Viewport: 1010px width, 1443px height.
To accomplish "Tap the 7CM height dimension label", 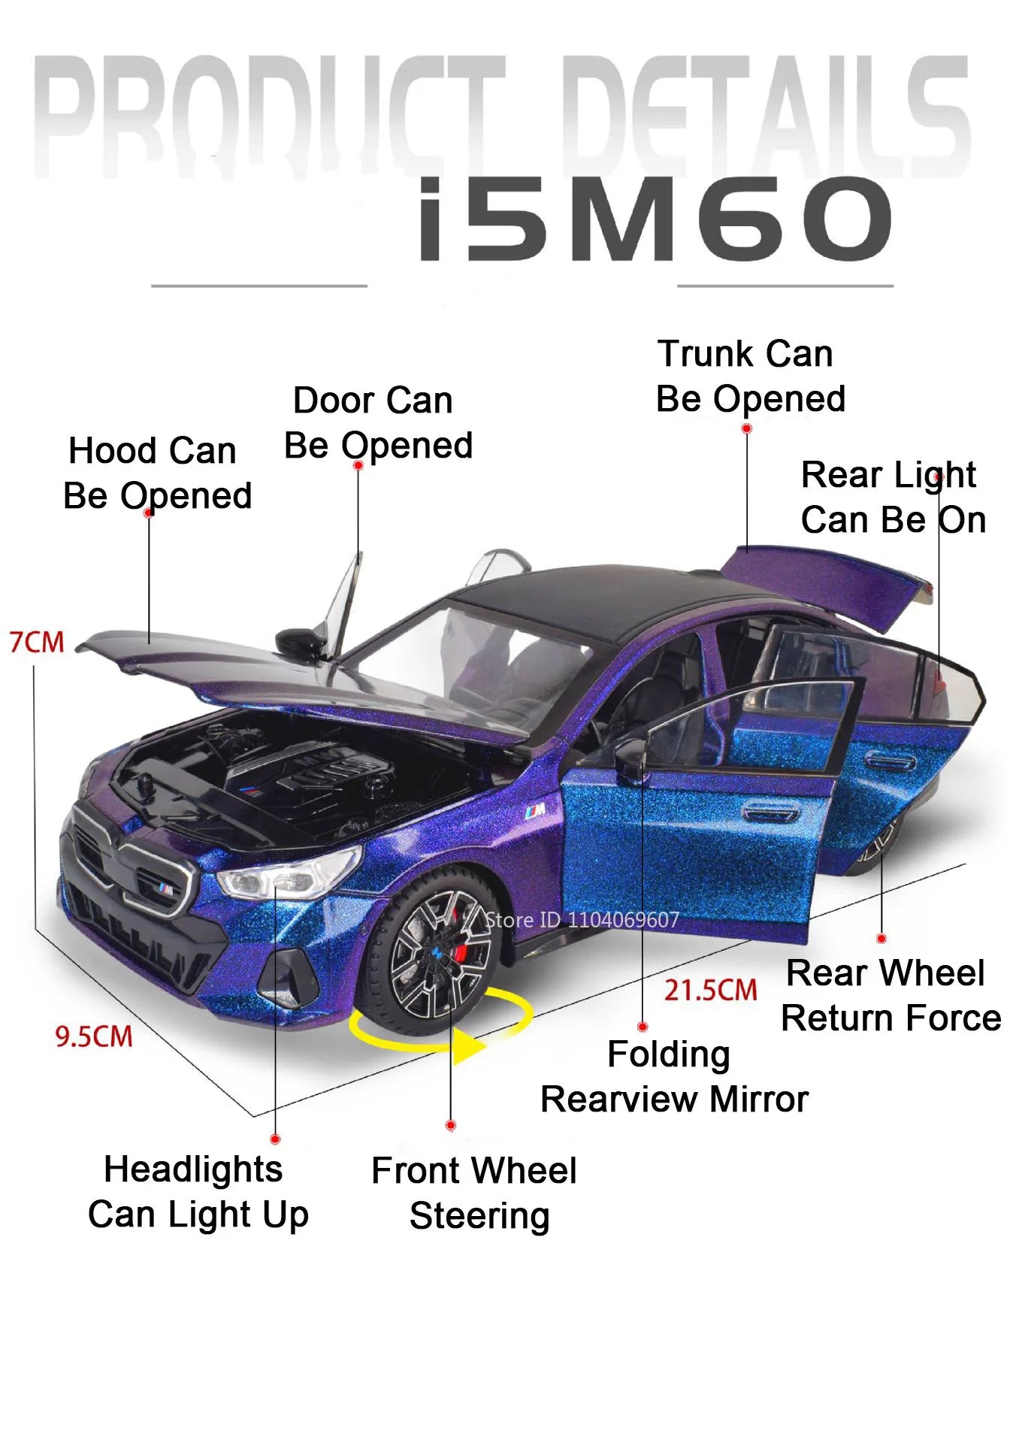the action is tap(37, 643).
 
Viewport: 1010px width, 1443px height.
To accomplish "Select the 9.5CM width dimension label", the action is tap(94, 1036).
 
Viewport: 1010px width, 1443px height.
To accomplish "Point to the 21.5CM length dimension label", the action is tap(710, 990).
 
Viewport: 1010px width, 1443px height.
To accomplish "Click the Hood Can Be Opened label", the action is tap(157, 473).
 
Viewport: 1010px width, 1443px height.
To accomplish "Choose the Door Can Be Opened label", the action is tap(378, 423).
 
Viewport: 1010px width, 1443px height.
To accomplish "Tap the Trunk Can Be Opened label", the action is tap(751, 377).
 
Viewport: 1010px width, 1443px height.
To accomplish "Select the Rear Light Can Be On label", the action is tap(893, 498).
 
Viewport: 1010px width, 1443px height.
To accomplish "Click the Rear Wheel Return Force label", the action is tap(891, 996).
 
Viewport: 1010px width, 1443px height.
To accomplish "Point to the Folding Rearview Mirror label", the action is tap(674, 1077).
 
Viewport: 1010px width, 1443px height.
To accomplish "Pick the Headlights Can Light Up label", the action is tap(198, 1193).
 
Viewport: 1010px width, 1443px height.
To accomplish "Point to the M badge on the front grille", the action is tap(166, 889).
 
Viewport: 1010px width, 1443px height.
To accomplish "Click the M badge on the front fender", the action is tap(535, 810).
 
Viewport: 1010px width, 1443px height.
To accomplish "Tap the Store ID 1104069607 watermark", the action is tap(582, 920).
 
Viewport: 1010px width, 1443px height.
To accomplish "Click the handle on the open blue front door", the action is tap(769, 811).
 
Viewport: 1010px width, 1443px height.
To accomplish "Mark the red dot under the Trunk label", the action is tap(746, 428).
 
